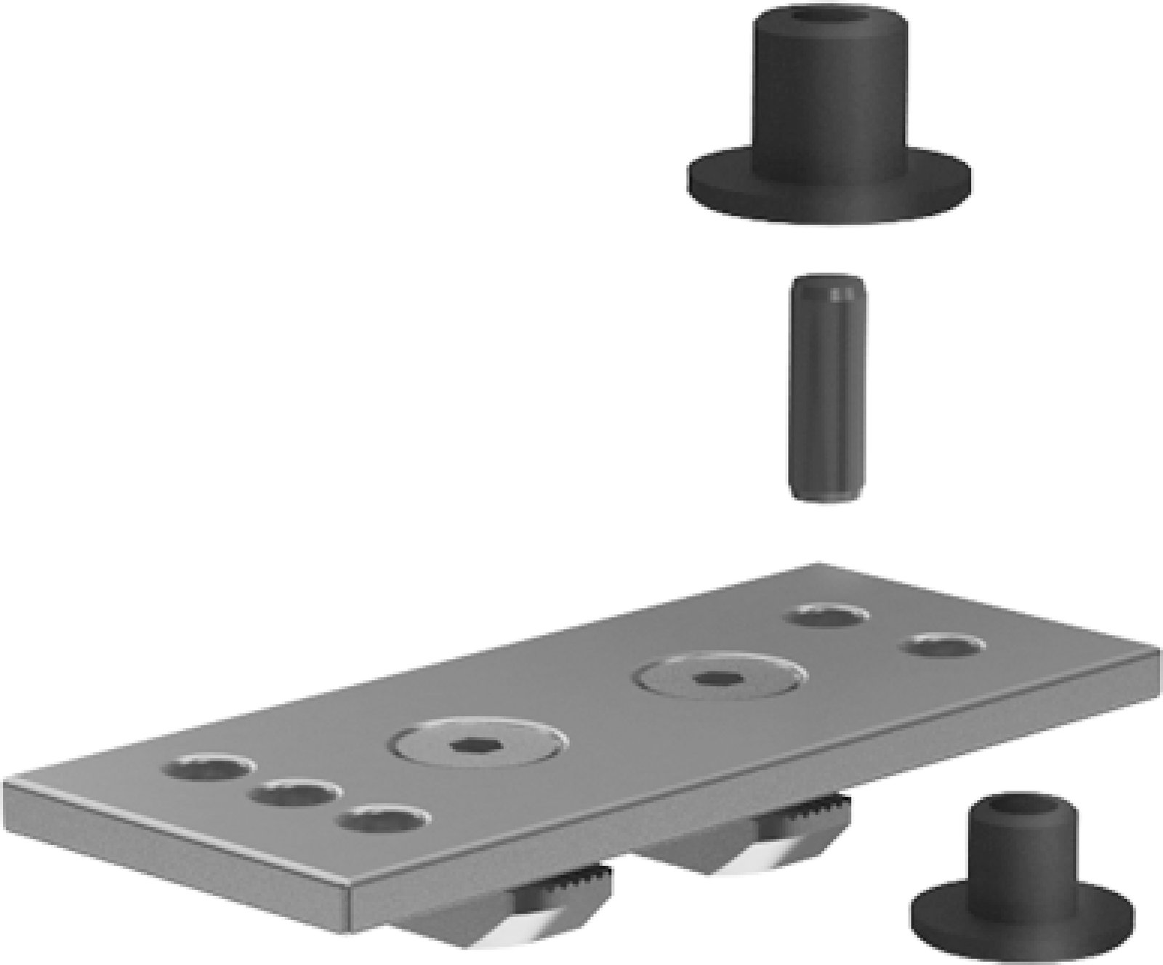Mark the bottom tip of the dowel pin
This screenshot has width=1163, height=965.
(826, 496)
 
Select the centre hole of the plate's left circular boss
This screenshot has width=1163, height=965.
(477, 744)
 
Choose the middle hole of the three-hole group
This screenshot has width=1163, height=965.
(294, 795)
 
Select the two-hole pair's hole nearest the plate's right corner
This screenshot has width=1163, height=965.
(943, 645)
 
